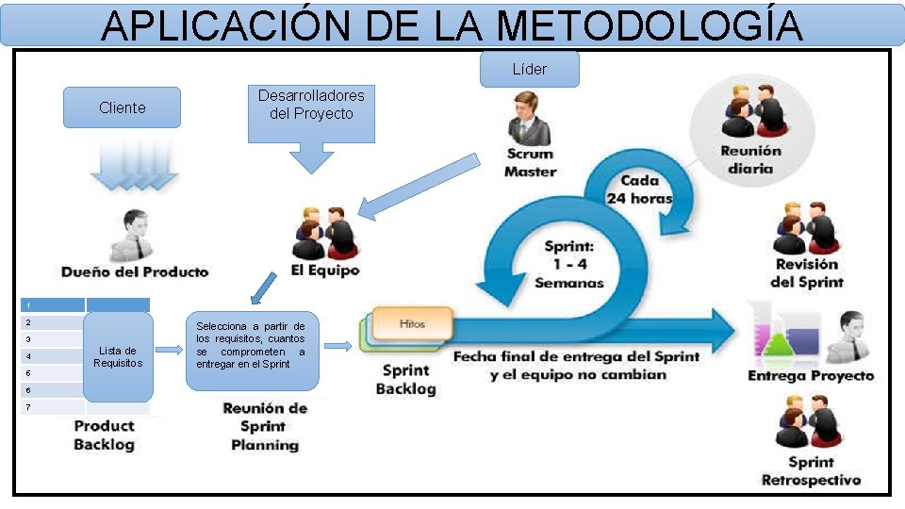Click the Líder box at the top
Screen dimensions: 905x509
pyautogui.click(x=529, y=69)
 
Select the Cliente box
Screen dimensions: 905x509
pyautogui.click(x=122, y=107)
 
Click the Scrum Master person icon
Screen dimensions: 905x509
pyautogui.click(x=526, y=119)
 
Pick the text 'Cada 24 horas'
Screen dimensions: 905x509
pyautogui.click(x=639, y=189)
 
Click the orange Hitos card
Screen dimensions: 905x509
pyautogui.click(x=412, y=323)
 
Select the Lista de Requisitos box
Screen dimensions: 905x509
pyautogui.click(x=118, y=356)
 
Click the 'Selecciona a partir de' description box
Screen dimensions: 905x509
pyautogui.click(x=251, y=345)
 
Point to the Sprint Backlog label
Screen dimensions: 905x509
pyautogui.click(x=406, y=379)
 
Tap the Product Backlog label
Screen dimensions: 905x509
pyautogui.click(x=104, y=435)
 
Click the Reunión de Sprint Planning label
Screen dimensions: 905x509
pyautogui.click(x=265, y=426)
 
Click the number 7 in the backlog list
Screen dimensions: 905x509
pyautogui.click(x=29, y=407)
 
